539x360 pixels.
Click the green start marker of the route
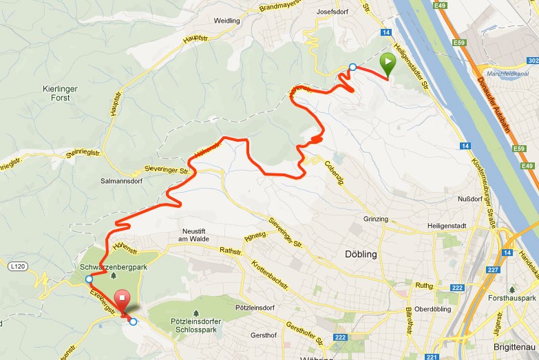click(388, 65)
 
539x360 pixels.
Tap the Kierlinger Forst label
click(62, 94)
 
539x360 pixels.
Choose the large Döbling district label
click(360, 254)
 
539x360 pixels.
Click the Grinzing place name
click(375, 220)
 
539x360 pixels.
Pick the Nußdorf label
click(469, 198)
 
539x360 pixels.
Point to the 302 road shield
click(531, 61)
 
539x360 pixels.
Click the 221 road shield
click(431, 357)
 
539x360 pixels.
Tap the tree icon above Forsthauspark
click(511, 290)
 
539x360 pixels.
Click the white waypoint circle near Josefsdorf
click(352, 67)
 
